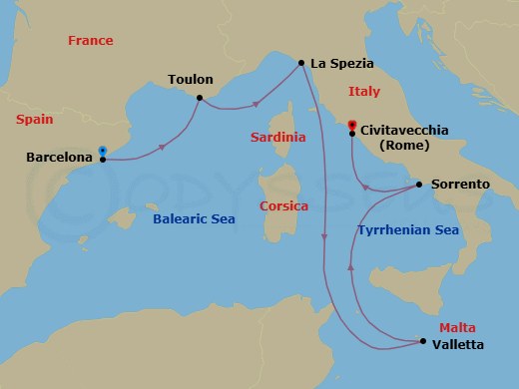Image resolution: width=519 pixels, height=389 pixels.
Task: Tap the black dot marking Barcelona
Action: [x=103, y=159]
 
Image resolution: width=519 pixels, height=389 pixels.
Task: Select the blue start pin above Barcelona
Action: [x=103, y=151]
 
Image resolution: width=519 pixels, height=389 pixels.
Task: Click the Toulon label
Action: [x=191, y=78]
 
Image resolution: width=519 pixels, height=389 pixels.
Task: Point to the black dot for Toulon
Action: [x=200, y=97]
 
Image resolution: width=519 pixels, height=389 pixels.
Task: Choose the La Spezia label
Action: [x=342, y=64]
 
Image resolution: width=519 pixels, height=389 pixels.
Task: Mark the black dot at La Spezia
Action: [x=300, y=64]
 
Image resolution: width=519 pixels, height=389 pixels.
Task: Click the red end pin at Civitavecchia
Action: [x=351, y=125]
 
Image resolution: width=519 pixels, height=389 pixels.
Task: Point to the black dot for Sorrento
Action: [x=418, y=185]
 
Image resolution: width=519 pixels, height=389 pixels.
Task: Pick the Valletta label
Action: [x=458, y=345]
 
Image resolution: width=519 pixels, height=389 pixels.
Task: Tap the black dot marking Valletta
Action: [x=423, y=344]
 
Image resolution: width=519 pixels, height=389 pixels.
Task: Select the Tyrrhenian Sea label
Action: [x=407, y=229]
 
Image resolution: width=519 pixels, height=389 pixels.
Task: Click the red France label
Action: [x=90, y=41]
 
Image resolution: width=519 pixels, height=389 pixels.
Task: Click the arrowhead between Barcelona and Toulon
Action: [x=162, y=148]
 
